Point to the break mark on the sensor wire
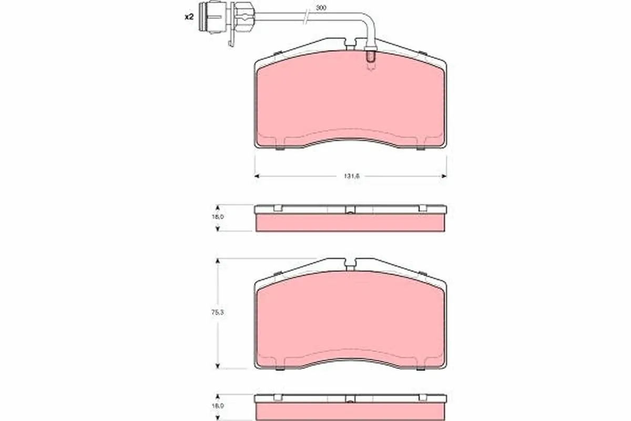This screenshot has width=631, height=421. click(x=306, y=17)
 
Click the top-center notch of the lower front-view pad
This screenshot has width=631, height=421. click(x=349, y=263)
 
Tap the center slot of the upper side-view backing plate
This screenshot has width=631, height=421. click(x=350, y=212)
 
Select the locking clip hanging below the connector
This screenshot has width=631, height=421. click(x=231, y=39)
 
